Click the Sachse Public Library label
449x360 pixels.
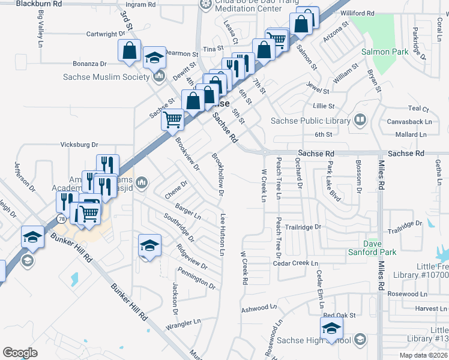click(310, 121)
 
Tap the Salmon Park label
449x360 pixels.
click(385, 52)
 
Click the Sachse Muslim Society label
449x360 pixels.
click(106, 77)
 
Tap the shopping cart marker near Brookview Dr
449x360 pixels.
click(172, 119)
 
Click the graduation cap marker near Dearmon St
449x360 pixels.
click(154, 58)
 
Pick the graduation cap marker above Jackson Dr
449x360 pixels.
click(149, 245)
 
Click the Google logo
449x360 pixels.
click(20, 352)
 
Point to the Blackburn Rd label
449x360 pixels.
click(39, 4)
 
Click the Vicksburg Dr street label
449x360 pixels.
click(79, 145)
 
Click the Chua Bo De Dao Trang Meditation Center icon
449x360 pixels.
click(203, 3)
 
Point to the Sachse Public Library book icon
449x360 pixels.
click(360, 121)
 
